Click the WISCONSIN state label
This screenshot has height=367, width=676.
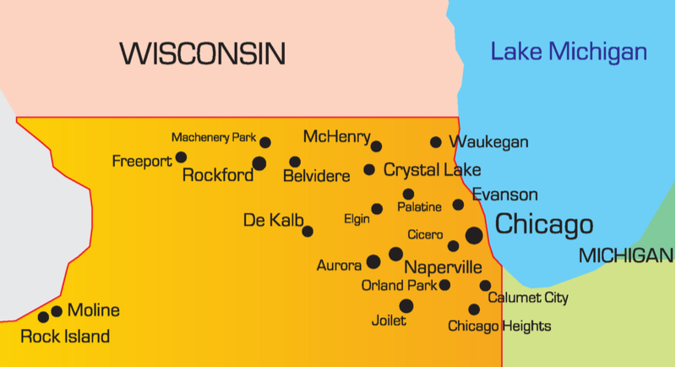coord(203,54)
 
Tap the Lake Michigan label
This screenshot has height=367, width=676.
coord(569,52)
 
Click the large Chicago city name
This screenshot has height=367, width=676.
coord(543,225)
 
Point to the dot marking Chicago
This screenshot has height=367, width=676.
coord(474,235)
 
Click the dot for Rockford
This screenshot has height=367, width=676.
coord(259,163)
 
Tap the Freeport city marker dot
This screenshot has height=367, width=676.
coord(181,157)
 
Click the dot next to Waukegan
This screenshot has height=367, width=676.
coord(436,142)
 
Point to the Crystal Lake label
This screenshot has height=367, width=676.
coord(432,170)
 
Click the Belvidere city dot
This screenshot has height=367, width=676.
coord(295,162)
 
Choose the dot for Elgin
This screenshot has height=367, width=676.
coord(377,209)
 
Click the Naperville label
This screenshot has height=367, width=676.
coord(443,267)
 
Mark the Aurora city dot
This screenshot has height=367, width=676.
coord(373,262)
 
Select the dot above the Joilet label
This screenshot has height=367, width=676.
coord(406,305)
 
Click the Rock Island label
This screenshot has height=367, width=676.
coord(65,337)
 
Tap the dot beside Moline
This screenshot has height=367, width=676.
coord(57,311)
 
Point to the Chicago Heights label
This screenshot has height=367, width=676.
coord(499,326)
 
